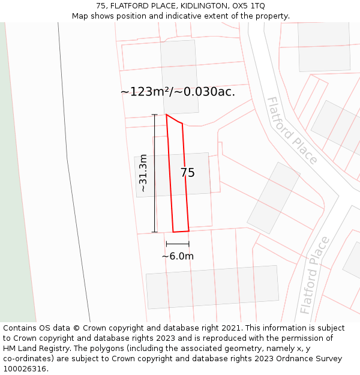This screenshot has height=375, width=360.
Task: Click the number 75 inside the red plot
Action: click(187, 173)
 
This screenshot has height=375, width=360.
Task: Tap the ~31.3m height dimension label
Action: click(143, 173)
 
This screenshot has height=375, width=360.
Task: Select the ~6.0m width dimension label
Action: click(178, 256)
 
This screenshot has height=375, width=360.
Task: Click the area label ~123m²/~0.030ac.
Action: click(178, 92)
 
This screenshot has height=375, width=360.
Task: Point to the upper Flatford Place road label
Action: click(292, 130)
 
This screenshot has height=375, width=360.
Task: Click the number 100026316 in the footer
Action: click(25, 369)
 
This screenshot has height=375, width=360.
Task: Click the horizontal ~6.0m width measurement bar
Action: click(178, 244)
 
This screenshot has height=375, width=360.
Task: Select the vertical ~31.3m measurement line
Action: click(155, 173)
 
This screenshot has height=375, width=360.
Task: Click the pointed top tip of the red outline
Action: click(166, 115)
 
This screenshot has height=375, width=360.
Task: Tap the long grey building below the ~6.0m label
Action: click(212, 287)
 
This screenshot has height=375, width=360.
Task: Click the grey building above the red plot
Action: click(179, 77)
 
